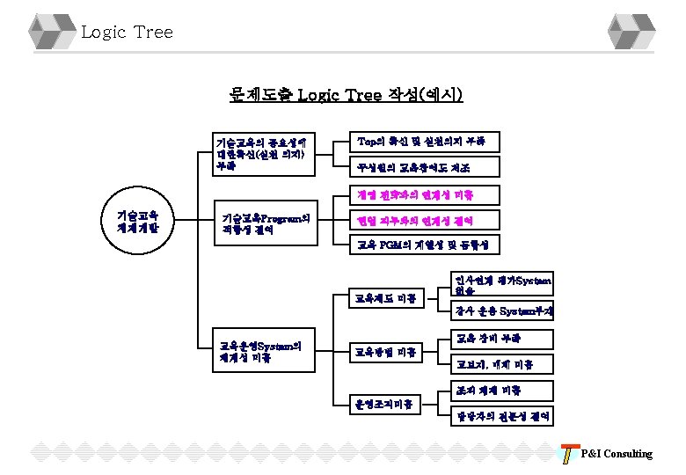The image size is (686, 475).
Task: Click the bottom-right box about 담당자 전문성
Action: coord(501,415)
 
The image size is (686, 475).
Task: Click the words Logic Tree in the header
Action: coord(127,33)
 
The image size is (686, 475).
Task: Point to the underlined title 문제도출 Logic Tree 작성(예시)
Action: coord(346,94)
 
